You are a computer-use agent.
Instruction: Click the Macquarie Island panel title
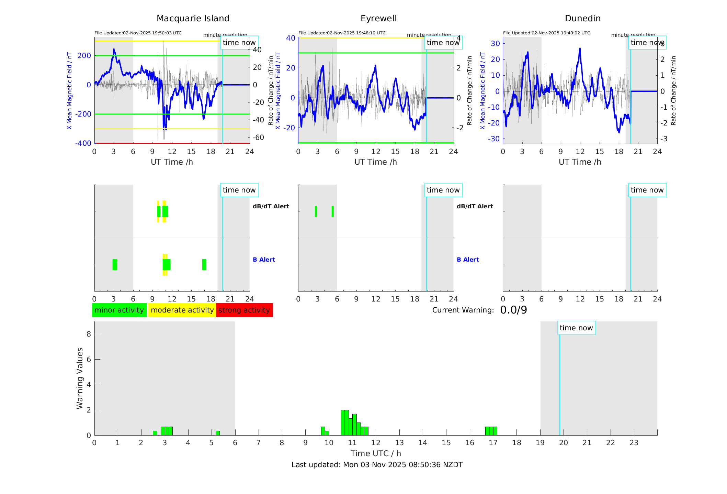193,19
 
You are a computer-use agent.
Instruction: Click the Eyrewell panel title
378,19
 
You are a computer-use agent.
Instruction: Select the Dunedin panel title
582,19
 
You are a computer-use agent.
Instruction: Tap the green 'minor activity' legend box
119,310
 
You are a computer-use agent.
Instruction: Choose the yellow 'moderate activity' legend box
182,310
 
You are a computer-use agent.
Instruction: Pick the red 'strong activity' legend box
244,310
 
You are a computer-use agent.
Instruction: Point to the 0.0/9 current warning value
513,310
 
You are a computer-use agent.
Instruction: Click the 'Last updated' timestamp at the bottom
377,465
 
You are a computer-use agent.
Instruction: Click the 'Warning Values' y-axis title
80,378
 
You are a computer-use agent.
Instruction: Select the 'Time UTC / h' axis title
376,453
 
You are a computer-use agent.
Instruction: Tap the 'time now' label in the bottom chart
576,328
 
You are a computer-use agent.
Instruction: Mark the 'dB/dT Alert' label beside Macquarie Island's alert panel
271,206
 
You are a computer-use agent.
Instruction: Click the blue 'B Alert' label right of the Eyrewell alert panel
468,260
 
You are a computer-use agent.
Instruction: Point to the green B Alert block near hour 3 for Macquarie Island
115,265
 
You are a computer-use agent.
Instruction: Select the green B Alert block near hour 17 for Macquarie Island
204,265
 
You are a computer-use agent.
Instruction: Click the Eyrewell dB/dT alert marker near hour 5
333,211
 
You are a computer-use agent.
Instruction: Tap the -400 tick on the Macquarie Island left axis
83,143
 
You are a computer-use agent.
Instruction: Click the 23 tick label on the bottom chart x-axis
634,443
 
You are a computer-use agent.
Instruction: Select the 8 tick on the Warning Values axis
89,334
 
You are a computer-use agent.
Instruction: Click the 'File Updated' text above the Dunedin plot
546,33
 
